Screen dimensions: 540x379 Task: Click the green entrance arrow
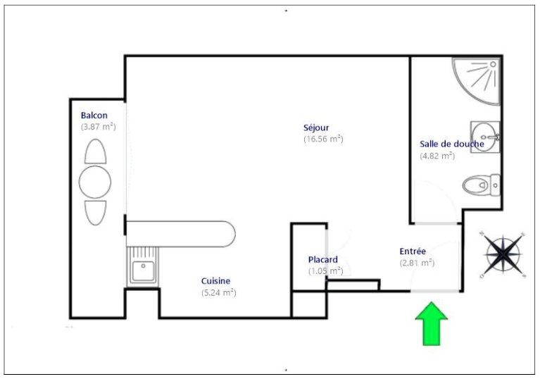[431, 323]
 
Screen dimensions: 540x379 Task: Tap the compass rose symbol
[503, 254]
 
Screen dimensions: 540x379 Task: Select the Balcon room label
[94, 116]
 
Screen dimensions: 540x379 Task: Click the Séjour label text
[316, 128]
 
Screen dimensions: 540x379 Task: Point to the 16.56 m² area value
[323, 139]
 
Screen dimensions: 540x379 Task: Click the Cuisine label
[215, 281]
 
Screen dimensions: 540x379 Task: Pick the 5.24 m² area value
[219, 292]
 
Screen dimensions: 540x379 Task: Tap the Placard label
[323, 259]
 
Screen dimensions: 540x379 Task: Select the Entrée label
[413, 251]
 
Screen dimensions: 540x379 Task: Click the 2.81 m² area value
[417, 263]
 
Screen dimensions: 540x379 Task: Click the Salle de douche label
[452, 144]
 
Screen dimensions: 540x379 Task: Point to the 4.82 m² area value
[437, 156]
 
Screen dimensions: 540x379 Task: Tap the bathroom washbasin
[485, 137]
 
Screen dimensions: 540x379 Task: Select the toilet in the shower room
[482, 185]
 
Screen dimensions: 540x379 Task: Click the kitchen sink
[143, 267]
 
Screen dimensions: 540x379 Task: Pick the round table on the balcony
[95, 182]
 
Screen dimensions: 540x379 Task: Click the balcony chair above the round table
[95, 151]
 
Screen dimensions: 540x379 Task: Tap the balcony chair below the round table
[95, 213]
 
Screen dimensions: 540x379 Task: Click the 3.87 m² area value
[99, 126]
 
